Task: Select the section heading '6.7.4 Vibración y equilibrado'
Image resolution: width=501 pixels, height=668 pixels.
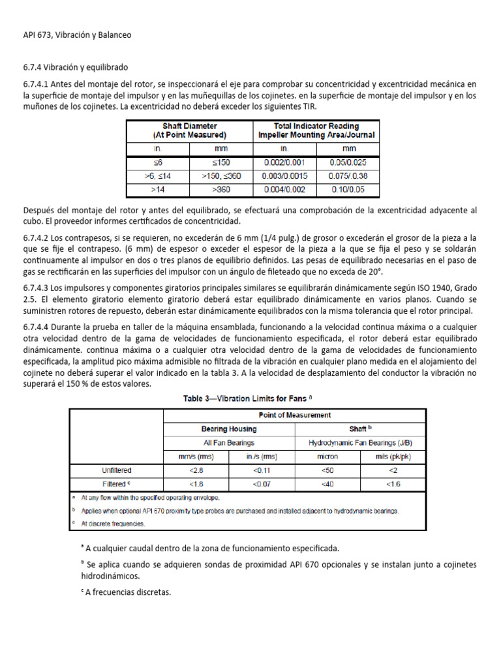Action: tap(75, 67)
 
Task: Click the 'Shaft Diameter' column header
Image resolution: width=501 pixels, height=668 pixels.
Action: tap(189, 130)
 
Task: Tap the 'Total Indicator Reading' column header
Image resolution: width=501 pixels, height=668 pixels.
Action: tap(316, 130)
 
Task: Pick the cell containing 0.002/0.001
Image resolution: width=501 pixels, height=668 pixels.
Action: tap(284, 162)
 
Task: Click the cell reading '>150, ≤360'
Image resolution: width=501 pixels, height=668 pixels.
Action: tap(220, 176)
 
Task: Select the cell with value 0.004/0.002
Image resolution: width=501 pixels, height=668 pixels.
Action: tap(284, 190)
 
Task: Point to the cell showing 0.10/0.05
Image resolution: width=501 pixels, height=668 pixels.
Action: tap(347, 190)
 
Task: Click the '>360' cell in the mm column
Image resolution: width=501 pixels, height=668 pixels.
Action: tap(220, 190)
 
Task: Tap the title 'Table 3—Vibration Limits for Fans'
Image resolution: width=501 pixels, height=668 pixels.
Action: tap(247, 399)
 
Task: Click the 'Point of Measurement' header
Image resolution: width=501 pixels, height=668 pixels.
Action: tap(295, 415)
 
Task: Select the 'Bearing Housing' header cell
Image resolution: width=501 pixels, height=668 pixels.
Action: tap(228, 429)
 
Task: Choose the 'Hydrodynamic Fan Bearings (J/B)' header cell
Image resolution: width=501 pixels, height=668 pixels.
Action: tap(361, 442)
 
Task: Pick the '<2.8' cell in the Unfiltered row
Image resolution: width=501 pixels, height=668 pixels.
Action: tap(196, 470)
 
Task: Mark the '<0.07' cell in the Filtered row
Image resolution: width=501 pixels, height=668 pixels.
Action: tap(262, 484)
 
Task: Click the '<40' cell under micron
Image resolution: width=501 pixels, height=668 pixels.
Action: tap(327, 484)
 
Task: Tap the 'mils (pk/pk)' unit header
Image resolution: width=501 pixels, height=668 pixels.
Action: tap(393, 457)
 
